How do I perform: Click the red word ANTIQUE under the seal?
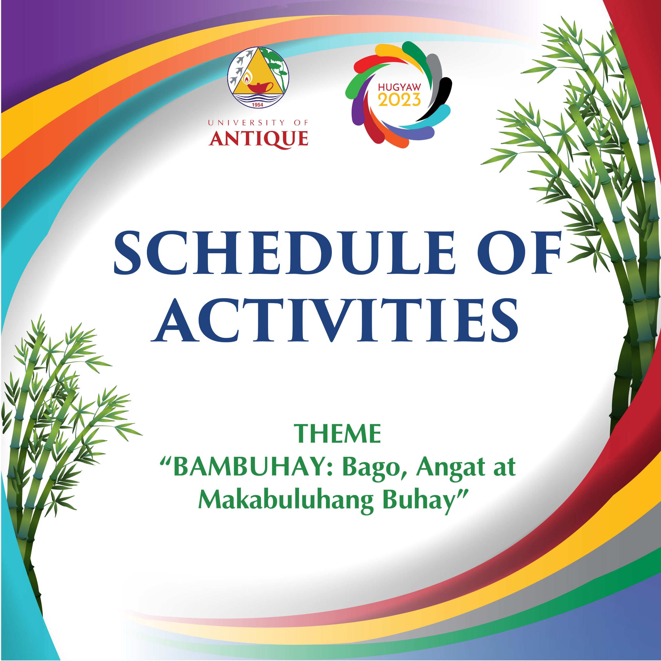pyautogui.click(x=258, y=139)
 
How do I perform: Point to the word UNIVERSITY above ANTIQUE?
pyautogui.click(x=246, y=122)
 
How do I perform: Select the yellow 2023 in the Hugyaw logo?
pyautogui.click(x=399, y=100)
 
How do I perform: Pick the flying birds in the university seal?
pyautogui.click(x=240, y=68)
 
